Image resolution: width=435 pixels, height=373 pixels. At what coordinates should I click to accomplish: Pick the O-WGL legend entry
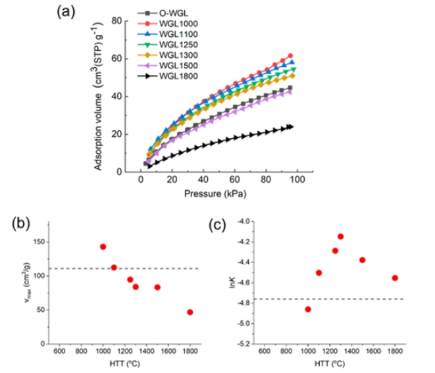[x=170, y=12]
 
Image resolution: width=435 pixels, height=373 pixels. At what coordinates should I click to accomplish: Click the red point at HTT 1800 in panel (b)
[x=190, y=312]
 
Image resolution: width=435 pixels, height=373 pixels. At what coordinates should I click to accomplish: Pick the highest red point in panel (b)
[x=103, y=247]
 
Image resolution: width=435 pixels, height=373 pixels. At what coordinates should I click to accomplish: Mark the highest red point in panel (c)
[x=340, y=236]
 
